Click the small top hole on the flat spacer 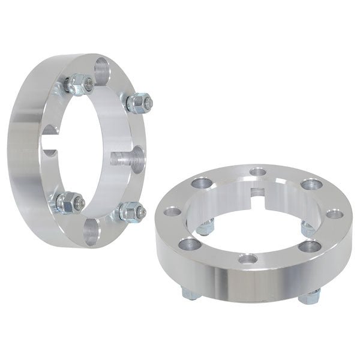tap(258, 173)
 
